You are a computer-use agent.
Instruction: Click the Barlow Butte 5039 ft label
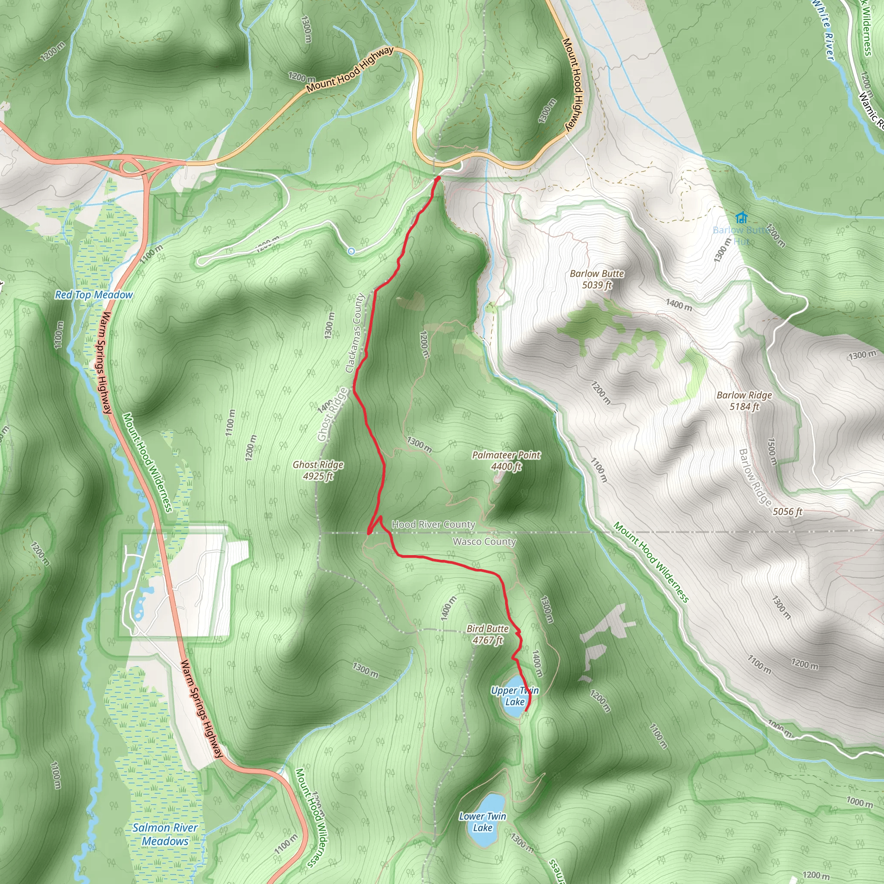pos(597,279)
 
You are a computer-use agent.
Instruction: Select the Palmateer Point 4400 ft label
pos(506,461)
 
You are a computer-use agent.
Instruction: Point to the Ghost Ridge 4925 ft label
pos(318,470)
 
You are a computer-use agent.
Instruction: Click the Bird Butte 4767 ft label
pos(488,634)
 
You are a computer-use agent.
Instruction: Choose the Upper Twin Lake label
pos(515,696)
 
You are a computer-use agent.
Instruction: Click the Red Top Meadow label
pos(94,295)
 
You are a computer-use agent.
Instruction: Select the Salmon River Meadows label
pos(165,834)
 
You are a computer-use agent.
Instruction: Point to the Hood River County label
pos(433,524)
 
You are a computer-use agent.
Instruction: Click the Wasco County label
pos(484,542)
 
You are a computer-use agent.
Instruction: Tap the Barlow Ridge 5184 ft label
pos(744,401)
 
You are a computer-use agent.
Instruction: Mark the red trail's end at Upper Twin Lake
pos(527,710)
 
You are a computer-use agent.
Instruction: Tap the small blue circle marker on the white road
pos(351,251)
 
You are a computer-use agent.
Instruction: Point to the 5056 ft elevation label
pos(787,511)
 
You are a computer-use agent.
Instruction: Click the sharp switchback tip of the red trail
pos(369,533)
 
